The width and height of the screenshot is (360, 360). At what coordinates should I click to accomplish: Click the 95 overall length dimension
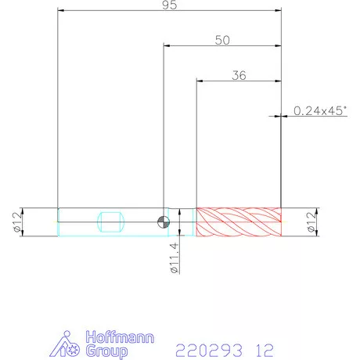[169, 5]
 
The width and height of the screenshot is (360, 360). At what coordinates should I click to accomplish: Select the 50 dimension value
[222, 40]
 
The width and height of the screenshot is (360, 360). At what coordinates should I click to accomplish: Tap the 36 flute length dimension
[239, 75]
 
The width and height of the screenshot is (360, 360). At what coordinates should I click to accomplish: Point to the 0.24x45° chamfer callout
[321, 111]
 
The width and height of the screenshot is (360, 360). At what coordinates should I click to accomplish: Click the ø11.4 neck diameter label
[175, 257]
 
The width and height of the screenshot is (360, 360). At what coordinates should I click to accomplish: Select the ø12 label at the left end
[17, 222]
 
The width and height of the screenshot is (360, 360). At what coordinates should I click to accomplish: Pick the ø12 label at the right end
[311, 222]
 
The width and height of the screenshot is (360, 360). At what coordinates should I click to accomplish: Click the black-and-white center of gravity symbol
[164, 222]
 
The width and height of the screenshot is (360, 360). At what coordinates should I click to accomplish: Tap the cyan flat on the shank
[110, 222]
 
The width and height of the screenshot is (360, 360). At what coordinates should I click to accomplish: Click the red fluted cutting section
[239, 222]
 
